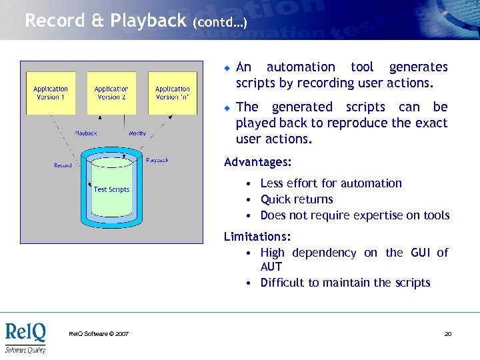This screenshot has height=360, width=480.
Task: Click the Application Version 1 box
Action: pyautogui.click(x=51, y=93)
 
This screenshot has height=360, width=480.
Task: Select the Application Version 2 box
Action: pyautogui.click(x=111, y=93)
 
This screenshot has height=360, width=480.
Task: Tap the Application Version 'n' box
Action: pyautogui.click(x=172, y=93)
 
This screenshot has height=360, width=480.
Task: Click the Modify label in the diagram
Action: pyautogui.click(x=137, y=133)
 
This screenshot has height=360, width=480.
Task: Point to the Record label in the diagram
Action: pyautogui.click(x=63, y=165)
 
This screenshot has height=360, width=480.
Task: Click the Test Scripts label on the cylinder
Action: pyautogui.click(x=111, y=189)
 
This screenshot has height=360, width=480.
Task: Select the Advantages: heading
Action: pyautogui.click(x=257, y=162)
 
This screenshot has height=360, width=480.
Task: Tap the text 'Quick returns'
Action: pyautogui.click(x=297, y=199)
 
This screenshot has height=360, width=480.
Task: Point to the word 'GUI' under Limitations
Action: pyautogui.click(x=420, y=253)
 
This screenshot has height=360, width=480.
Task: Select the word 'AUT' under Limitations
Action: pyautogui.click(x=271, y=267)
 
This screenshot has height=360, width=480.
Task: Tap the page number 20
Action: pyautogui.click(x=448, y=333)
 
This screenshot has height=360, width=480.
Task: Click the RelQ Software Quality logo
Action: pyautogui.click(x=25, y=338)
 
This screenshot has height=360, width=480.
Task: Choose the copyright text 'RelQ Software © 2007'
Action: pyautogui.click(x=99, y=333)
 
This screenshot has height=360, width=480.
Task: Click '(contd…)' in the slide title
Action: pyautogui.click(x=219, y=23)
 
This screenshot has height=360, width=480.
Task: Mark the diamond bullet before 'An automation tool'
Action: pyautogui.click(x=227, y=68)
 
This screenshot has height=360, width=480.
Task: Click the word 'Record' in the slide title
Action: pyautogui.click(x=53, y=21)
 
